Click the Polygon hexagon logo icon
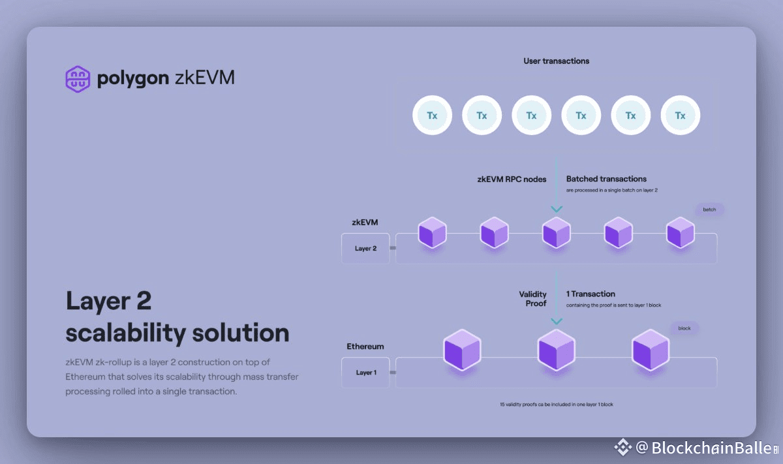78,79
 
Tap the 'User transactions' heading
556,61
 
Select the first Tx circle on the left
432,116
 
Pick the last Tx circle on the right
680,116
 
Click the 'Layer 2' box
365,249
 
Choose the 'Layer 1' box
365,373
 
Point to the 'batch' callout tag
709,210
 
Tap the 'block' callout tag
684,328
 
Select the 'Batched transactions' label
606,179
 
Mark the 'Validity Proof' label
532,299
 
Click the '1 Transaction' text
591,294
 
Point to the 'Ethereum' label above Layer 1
365,347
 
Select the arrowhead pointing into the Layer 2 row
556,209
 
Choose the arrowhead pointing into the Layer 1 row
556,321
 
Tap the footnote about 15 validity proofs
556,405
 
